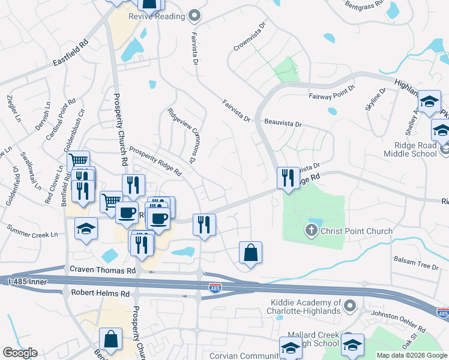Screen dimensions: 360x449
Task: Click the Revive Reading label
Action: click(157, 16)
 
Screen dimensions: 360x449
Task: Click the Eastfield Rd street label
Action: click(70, 53)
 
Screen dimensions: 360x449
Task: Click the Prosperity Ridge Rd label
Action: click(155, 162)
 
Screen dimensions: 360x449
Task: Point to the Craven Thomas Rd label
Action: click(103, 271)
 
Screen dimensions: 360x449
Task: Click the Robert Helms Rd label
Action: click(100, 293)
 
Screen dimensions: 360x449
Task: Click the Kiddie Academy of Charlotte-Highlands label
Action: click(306, 307)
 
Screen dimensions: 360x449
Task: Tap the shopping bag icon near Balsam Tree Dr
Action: click(250, 253)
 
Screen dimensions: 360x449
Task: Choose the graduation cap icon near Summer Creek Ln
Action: click(86, 229)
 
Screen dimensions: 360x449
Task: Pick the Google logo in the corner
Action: click(20, 353)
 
